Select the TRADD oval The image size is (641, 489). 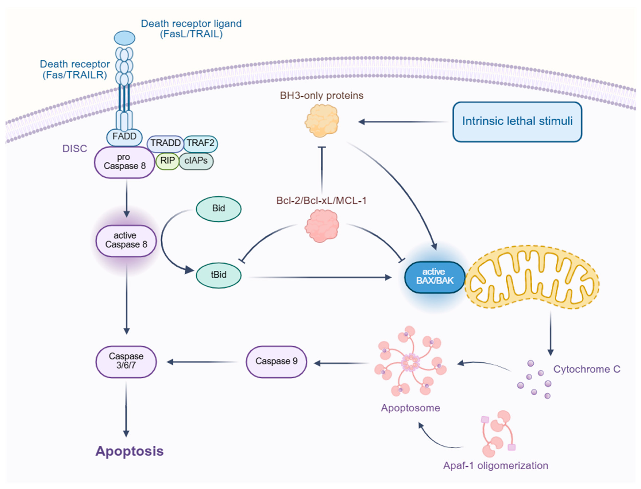165,143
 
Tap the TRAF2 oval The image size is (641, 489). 200,143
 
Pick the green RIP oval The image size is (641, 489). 167,161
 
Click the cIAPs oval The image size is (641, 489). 196,161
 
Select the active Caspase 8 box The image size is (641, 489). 126,240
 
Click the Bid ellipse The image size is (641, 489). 218,208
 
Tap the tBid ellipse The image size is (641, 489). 218,275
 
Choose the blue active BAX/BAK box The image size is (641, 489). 434,277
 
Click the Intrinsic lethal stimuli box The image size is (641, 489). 517,121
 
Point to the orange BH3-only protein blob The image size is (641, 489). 322,121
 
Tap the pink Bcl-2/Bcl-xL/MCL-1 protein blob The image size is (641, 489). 322,226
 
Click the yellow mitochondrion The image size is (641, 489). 532,277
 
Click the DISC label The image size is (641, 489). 75,149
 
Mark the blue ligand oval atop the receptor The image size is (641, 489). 124,38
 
